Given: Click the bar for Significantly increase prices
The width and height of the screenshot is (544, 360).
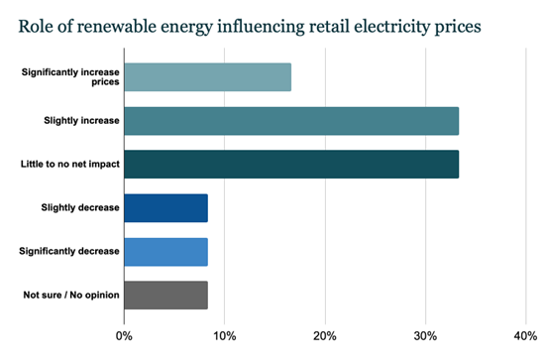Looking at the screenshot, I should tap(207, 76).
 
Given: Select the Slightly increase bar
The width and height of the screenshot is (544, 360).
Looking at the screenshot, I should tap(291, 120).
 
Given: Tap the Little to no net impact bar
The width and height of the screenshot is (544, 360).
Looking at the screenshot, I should tap(291, 164).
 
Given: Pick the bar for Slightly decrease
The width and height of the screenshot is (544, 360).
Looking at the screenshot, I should tap(165, 207).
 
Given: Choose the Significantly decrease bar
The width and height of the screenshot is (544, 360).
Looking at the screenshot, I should tap(165, 251).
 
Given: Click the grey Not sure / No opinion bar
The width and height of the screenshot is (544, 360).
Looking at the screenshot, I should tap(165, 295).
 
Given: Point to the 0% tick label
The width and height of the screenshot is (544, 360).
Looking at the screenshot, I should tap(125, 335).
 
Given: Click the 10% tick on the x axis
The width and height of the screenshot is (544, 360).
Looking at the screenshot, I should tap(224, 335).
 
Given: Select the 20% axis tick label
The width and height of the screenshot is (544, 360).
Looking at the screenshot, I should tap(325, 335).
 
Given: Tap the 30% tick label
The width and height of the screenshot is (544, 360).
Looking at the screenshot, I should tap(425, 335).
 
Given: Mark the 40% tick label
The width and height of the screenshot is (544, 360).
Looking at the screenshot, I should tap(525, 335).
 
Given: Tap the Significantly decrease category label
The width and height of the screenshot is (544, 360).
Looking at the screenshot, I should tap(69, 251).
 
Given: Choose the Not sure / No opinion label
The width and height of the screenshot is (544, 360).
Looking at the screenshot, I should tap(70, 295).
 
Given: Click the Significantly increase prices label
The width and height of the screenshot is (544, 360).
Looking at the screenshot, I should tap(69, 76).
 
